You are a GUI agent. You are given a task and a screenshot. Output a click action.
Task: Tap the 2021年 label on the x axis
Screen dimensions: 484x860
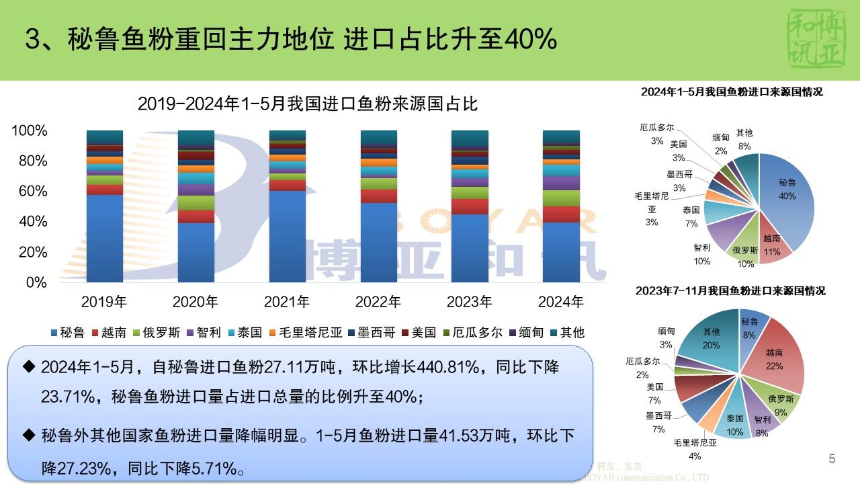[288, 302]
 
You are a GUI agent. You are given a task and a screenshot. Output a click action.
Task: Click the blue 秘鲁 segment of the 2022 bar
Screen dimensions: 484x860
[379, 242]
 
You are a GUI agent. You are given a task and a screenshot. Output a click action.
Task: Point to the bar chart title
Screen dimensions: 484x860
[307, 104]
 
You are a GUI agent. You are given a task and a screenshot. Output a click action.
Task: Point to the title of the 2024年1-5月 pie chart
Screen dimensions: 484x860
[732, 92]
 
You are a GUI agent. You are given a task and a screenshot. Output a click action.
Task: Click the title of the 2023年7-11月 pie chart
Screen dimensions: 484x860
[732, 291]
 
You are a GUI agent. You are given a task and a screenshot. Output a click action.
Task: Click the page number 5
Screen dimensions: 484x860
[832, 459]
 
